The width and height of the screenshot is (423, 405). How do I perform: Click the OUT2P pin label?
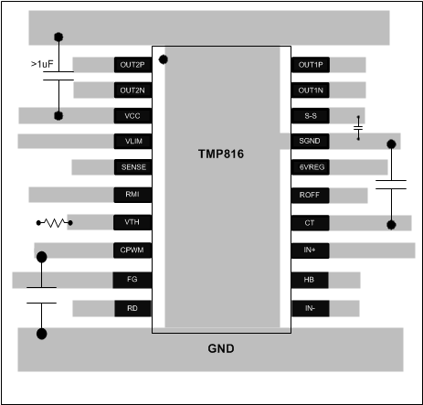132,65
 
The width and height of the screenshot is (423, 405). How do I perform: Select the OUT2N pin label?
132,91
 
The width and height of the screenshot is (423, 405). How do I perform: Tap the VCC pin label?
132,116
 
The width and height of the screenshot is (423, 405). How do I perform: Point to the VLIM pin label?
132,142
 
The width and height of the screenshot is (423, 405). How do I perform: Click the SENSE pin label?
132,167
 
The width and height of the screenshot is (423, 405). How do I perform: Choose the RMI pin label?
132,195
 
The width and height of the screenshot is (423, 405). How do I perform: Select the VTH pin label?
132,222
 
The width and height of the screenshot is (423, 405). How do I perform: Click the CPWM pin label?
132,250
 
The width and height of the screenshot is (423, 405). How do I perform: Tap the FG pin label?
132,279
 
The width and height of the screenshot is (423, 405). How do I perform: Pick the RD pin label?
132,309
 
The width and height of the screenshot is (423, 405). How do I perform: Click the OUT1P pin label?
311,65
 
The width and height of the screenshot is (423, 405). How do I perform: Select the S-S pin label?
311,116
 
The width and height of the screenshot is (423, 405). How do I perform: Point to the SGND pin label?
311,142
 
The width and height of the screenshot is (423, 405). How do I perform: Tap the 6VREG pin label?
311,167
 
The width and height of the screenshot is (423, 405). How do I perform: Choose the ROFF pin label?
311,195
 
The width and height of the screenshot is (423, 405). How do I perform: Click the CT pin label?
311,222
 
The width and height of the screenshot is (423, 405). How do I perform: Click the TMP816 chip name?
222,155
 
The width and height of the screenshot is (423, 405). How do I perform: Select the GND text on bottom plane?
222,348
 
